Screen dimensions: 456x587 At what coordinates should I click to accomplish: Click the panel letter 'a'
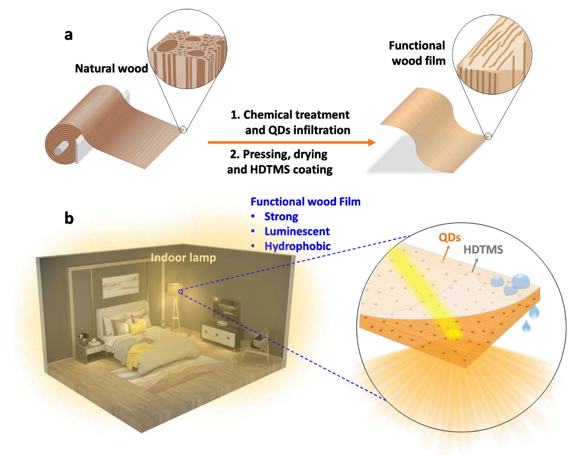click(x=68, y=35)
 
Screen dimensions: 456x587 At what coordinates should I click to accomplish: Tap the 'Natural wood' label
click(x=111, y=69)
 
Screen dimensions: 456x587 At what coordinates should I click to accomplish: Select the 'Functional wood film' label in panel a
click(x=417, y=53)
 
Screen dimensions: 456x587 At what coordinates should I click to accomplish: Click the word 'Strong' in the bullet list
click(x=281, y=217)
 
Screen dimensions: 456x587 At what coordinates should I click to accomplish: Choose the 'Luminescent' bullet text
click(x=297, y=231)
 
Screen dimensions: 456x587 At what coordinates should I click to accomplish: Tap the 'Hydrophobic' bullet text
click(x=298, y=246)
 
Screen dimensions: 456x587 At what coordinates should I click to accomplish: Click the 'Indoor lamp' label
click(x=183, y=258)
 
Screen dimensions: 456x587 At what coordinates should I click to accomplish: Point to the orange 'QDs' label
click(x=449, y=237)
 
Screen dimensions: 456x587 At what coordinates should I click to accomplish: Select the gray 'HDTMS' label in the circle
click(x=483, y=250)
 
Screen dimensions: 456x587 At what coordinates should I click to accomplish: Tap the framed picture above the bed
click(x=120, y=285)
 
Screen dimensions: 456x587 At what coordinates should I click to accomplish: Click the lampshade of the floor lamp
click(x=175, y=289)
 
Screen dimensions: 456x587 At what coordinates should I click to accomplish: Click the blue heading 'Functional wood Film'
click(x=306, y=202)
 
